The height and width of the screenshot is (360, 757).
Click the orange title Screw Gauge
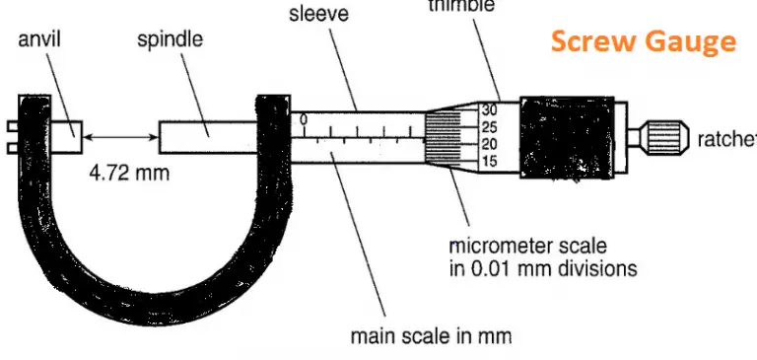[x=643, y=41]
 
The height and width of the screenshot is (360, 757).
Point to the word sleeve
[x=319, y=14]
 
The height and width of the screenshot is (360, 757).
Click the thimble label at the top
[x=461, y=5]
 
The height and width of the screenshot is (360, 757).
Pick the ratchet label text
[x=725, y=139]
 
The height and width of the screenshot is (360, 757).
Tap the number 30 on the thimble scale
[x=490, y=109]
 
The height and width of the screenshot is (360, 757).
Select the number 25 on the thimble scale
[x=490, y=126]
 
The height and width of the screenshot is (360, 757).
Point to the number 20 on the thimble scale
[x=490, y=143]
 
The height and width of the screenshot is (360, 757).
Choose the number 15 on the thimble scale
[x=490, y=161]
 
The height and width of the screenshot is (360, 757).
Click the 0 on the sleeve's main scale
[x=305, y=119]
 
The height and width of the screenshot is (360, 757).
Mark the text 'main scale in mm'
[x=431, y=335]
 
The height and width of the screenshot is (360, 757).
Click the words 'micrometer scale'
[x=527, y=246]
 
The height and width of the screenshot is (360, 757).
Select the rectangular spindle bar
[x=207, y=133]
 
